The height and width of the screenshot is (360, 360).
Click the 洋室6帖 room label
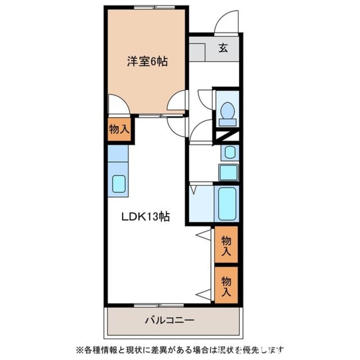tap(146, 62)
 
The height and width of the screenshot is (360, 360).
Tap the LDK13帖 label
tap(146, 217)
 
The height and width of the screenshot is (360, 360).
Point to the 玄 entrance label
tap(223, 48)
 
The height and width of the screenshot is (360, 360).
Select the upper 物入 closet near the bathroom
tap(226, 246)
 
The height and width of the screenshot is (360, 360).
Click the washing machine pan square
tap(229, 172)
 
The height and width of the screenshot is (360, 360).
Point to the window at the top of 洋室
tap(154, 7)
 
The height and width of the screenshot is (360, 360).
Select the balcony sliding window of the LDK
tap(158, 305)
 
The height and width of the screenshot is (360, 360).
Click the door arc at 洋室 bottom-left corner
tap(118, 106)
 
